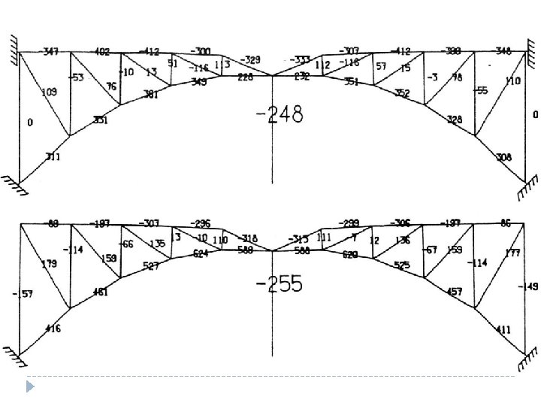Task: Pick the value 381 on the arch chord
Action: pyautogui.click(x=150, y=95)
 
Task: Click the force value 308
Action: pyautogui.click(x=504, y=157)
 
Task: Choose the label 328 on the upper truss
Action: pyautogui.click(x=454, y=120)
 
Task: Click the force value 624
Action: pyautogui.click(x=200, y=253)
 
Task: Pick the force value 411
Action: pyautogui.click(x=504, y=329)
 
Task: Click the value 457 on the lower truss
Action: pyautogui.click(x=454, y=291)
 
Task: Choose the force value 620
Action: pyautogui.click(x=349, y=254)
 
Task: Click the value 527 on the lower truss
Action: pyautogui.click(x=150, y=267)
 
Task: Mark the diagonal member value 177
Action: pyautogui.click(x=513, y=253)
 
